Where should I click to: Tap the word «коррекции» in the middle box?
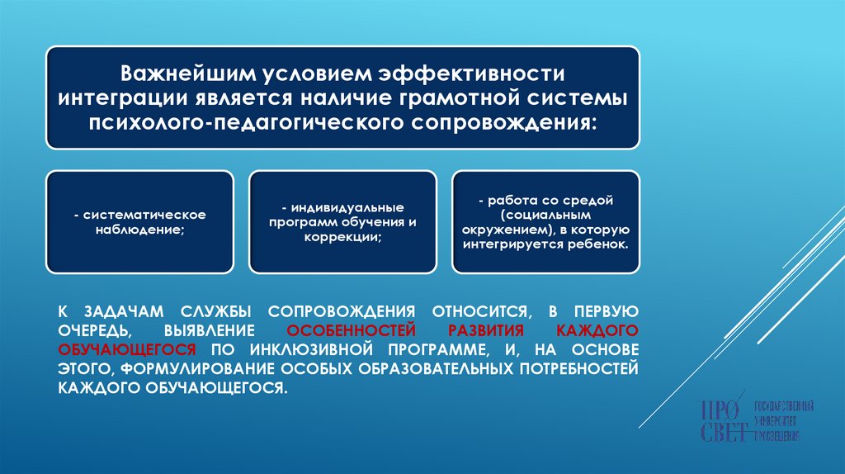coord(342,236)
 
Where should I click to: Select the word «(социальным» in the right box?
coord(545,215)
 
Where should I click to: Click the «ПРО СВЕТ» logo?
coord(756,421)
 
